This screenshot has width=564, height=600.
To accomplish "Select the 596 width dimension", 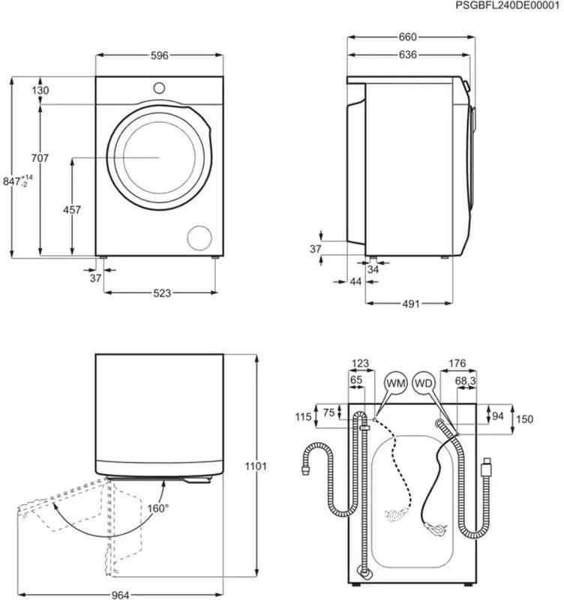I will (160, 55).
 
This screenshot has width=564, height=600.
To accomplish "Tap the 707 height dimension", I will (40, 158).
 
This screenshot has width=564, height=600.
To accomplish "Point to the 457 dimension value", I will (72, 210).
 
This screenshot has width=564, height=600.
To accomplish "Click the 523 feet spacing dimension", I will (160, 292).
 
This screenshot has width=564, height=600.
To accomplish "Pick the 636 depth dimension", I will (407, 55).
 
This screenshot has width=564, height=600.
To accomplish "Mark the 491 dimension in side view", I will (409, 304).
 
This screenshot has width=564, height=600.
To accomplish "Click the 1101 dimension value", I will (256, 466).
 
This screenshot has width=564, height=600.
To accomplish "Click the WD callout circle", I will (424, 383).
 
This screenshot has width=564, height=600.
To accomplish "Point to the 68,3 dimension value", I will (465, 381).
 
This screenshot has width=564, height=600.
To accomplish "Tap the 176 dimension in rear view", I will (457, 364).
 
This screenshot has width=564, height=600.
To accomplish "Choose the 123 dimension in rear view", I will (360, 364).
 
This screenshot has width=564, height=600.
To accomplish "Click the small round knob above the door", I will (160, 87).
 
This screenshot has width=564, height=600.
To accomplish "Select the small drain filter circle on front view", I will (200, 236).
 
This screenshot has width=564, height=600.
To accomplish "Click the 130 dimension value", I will (40, 90).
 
